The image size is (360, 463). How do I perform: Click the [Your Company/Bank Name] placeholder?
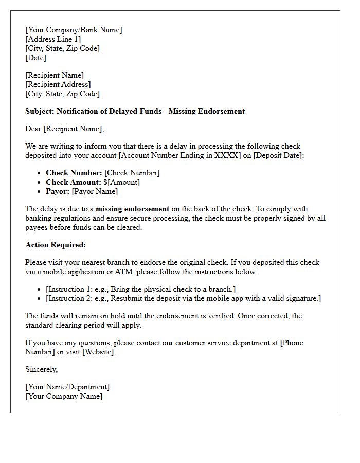(74, 30)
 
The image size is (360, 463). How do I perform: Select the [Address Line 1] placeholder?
(53, 39)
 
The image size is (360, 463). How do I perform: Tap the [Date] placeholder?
(35, 58)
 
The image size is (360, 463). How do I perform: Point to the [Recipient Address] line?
(58, 84)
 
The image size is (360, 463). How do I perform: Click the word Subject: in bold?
(40, 111)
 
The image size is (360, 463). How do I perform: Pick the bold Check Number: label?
(74, 173)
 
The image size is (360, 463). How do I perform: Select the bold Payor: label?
(58, 191)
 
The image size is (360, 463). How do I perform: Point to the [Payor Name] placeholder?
(95, 191)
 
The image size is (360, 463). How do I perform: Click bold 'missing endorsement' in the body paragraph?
(132, 209)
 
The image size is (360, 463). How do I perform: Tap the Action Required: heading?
(56, 245)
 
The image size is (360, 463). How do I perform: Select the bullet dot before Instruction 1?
(39, 289)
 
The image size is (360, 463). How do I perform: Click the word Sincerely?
(41, 369)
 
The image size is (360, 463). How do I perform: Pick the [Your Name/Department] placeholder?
(67, 387)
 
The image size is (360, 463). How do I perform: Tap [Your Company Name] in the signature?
(64, 396)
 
